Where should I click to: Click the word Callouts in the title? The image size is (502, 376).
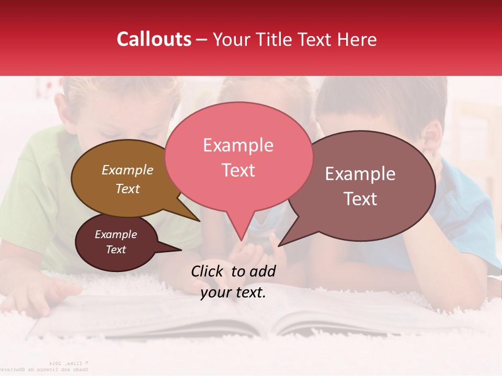154,40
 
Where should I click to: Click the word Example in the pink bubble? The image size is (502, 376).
238,145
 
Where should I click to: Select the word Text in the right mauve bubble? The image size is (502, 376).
360,199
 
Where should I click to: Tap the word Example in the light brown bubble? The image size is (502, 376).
127,170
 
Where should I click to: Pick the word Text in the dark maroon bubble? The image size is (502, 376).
116,250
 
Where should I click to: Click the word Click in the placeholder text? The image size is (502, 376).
209,271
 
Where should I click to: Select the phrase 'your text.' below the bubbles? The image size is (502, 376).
233,292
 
